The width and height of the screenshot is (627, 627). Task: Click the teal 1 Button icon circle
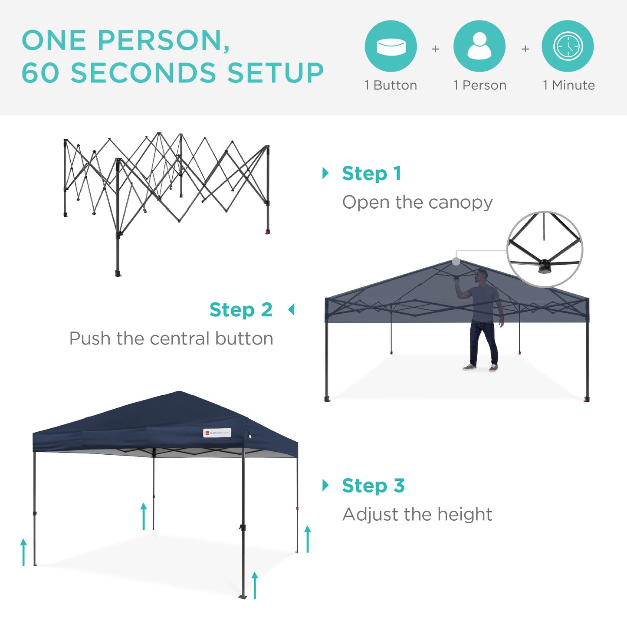click(391, 46)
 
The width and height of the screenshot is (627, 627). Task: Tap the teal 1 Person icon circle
click(479, 46)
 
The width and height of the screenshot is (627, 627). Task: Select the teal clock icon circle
click(568, 46)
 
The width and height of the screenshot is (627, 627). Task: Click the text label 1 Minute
click(568, 85)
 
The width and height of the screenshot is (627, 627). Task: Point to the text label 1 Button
click(391, 85)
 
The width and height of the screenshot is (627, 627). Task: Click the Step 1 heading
click(371, 174)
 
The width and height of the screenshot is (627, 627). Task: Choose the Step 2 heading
click(241, 310)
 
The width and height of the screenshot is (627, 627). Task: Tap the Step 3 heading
click(373, 486)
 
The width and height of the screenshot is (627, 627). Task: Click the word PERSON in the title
click(164, 40)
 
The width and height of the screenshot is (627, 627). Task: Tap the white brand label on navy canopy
click(217, 433)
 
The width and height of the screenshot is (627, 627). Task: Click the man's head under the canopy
click(482, 275)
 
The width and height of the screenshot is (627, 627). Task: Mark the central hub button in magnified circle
click(544, 266)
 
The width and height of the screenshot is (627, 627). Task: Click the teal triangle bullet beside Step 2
click(291, 310)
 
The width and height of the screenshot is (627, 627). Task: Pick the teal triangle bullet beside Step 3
click(325, 485)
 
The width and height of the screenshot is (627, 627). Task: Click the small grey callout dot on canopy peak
click(456, 261)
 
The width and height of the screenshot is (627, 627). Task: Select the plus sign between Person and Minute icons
click(525, 49)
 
